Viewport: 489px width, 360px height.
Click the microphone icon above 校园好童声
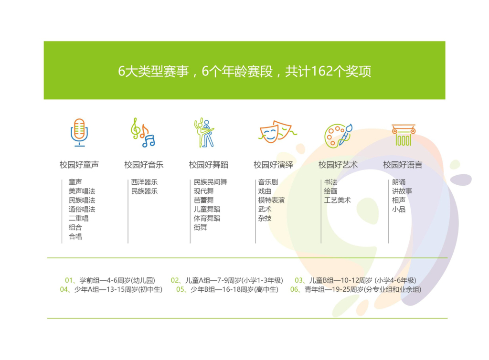tap(79, 132)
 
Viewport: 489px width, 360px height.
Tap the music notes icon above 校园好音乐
tap(143, 132)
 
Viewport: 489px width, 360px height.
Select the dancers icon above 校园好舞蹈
tap(204, 132)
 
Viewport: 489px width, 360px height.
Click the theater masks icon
tap(277, 132)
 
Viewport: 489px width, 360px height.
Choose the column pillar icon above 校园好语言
tap(404, 135)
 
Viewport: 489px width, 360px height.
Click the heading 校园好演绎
tap(273, 165)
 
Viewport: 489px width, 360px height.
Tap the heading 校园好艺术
tap(338, 165)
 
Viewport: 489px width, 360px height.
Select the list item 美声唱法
tap(82, 191)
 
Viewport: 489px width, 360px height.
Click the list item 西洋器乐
tap(144, 182)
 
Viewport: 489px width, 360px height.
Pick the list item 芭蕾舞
tap(203, 200)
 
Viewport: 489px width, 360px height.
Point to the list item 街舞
tap(200, 227)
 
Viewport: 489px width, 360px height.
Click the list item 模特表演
tap(271, 200)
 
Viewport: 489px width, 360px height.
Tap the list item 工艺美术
tap(337, 200)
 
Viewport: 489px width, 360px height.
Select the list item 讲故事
tap(402, 191)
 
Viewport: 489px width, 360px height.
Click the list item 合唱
tap(75, 236)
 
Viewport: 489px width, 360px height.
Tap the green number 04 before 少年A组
tap(64, 289)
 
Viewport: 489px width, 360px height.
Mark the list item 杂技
tap(265, 218)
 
